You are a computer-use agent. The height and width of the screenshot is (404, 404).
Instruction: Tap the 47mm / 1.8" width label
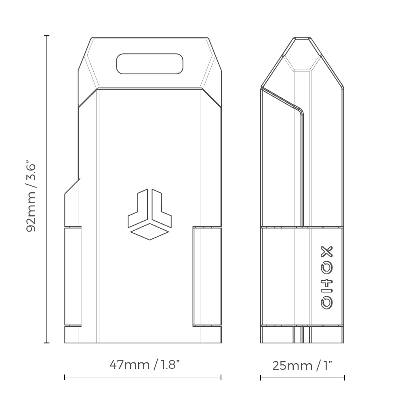[144, 365]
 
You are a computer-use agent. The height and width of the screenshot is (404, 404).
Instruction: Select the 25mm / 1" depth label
[302, 366]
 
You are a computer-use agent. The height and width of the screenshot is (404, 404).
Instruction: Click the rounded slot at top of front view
[149, 63]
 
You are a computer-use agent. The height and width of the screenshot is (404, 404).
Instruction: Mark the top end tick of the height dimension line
[46, 36]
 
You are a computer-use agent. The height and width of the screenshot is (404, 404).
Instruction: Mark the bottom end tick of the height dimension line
[46, 343]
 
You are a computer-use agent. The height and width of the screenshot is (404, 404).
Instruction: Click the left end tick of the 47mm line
[65, 377]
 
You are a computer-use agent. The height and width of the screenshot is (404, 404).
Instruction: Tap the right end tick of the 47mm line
[221, 377]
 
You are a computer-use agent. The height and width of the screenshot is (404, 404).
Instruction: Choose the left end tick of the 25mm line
[261, 378]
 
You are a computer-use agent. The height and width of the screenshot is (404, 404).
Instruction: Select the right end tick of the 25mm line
[344, 378]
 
